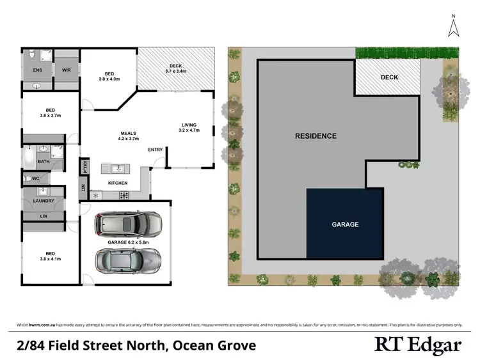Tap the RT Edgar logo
(x=417, y=345)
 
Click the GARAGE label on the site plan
(x=345, y=224)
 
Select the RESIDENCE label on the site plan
(x=316, y=136)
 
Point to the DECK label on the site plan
(x=389, y=77)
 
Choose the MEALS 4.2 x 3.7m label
(x=128, y=136)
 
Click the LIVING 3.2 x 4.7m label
(x=189, y=127)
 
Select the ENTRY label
(x=156, y=150)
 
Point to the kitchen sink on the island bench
(x=118, y=169)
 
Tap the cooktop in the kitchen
(x=124, y=195)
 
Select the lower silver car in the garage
(x=128, y=260)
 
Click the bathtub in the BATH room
(x=29, y=156)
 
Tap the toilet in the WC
(x=28, y=179)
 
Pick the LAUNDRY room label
(x=44, y=201)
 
